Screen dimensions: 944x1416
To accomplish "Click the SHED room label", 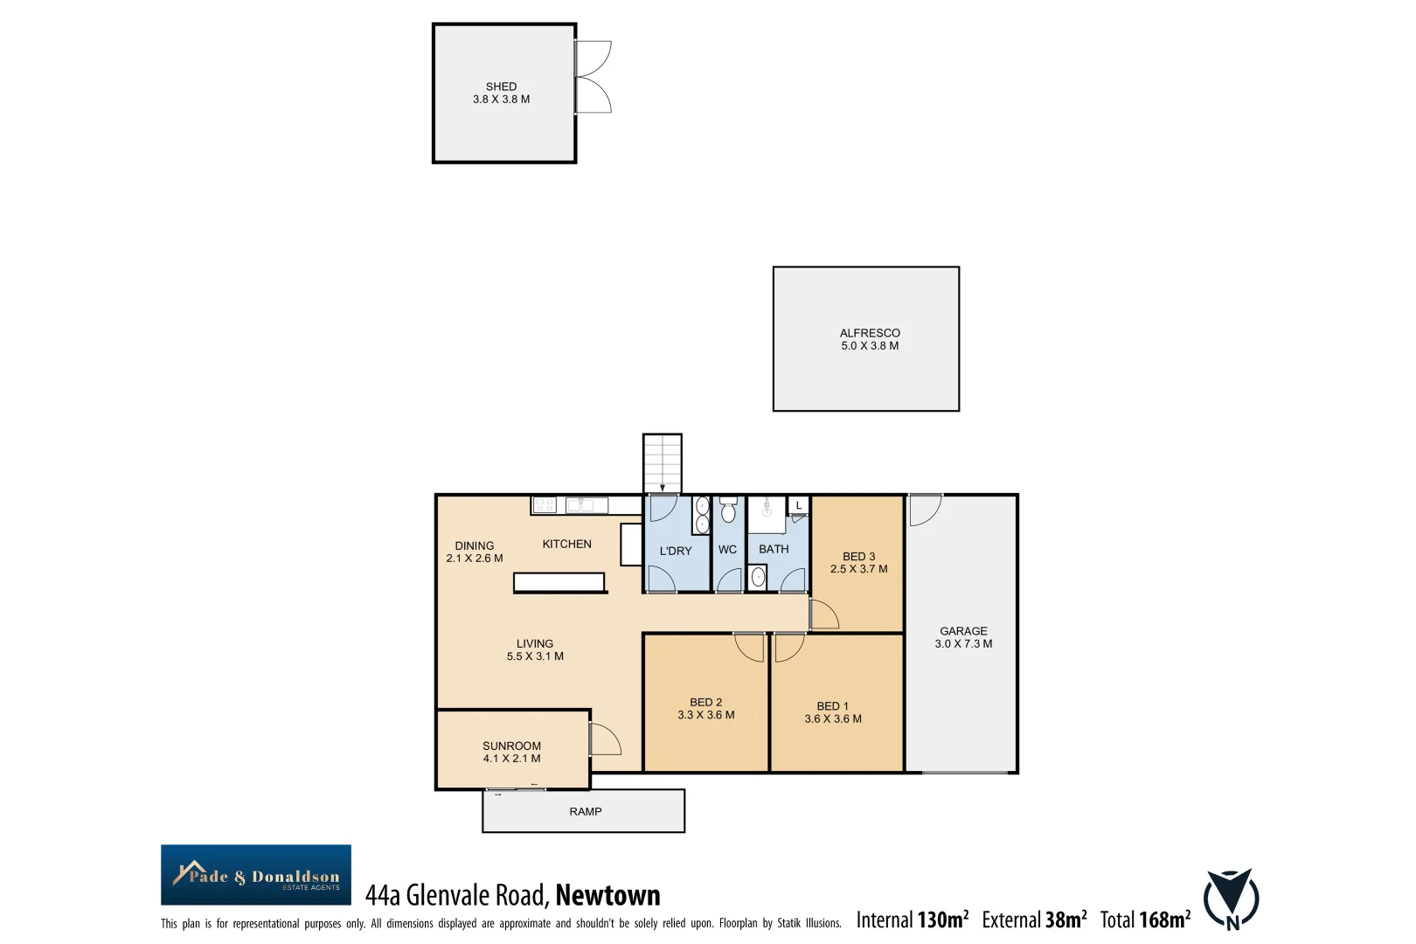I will click(501, 87).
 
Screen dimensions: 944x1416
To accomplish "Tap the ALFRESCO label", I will click(870, 333).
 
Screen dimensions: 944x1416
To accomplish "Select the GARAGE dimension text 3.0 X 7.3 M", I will click(963, 644).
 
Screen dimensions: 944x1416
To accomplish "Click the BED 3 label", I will click(858, 557).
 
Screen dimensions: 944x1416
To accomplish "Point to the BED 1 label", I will click(832, 706).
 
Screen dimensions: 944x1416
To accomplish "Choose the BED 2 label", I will click(705, 702).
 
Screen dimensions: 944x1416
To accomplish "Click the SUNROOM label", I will click(511, 746).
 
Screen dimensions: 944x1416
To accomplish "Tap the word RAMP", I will click(586, 812).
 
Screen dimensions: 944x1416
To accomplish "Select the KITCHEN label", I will click(566, 545).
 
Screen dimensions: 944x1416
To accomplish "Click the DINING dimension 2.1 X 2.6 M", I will click(475, 559).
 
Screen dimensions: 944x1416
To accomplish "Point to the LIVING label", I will click(535, 644).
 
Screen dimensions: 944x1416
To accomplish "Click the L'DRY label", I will click(676, 552).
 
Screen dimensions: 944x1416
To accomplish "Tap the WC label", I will click(727, 550).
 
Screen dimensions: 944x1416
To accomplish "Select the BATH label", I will click(774, 549).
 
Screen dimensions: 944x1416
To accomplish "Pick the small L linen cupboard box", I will click(799, 505).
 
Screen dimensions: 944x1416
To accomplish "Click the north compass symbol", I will click(1231, 899).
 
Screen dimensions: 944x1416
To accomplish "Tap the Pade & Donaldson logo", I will click(256, 875).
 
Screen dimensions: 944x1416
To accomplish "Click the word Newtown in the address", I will click(607, 896).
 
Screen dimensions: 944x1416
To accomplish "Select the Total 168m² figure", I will click(1145, 920).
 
